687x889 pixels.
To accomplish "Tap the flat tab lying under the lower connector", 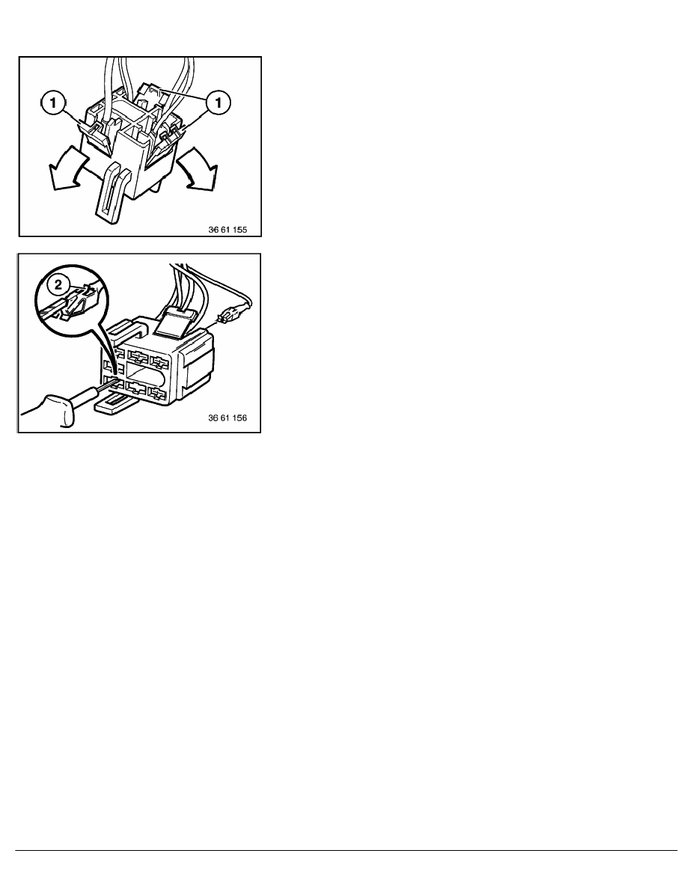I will (x=113, y=408).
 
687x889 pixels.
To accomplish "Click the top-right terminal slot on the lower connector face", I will (x=159, y=361).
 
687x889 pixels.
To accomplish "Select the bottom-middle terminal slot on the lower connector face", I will (x=136, y=388).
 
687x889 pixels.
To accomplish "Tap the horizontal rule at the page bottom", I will (x=343, y=849).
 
